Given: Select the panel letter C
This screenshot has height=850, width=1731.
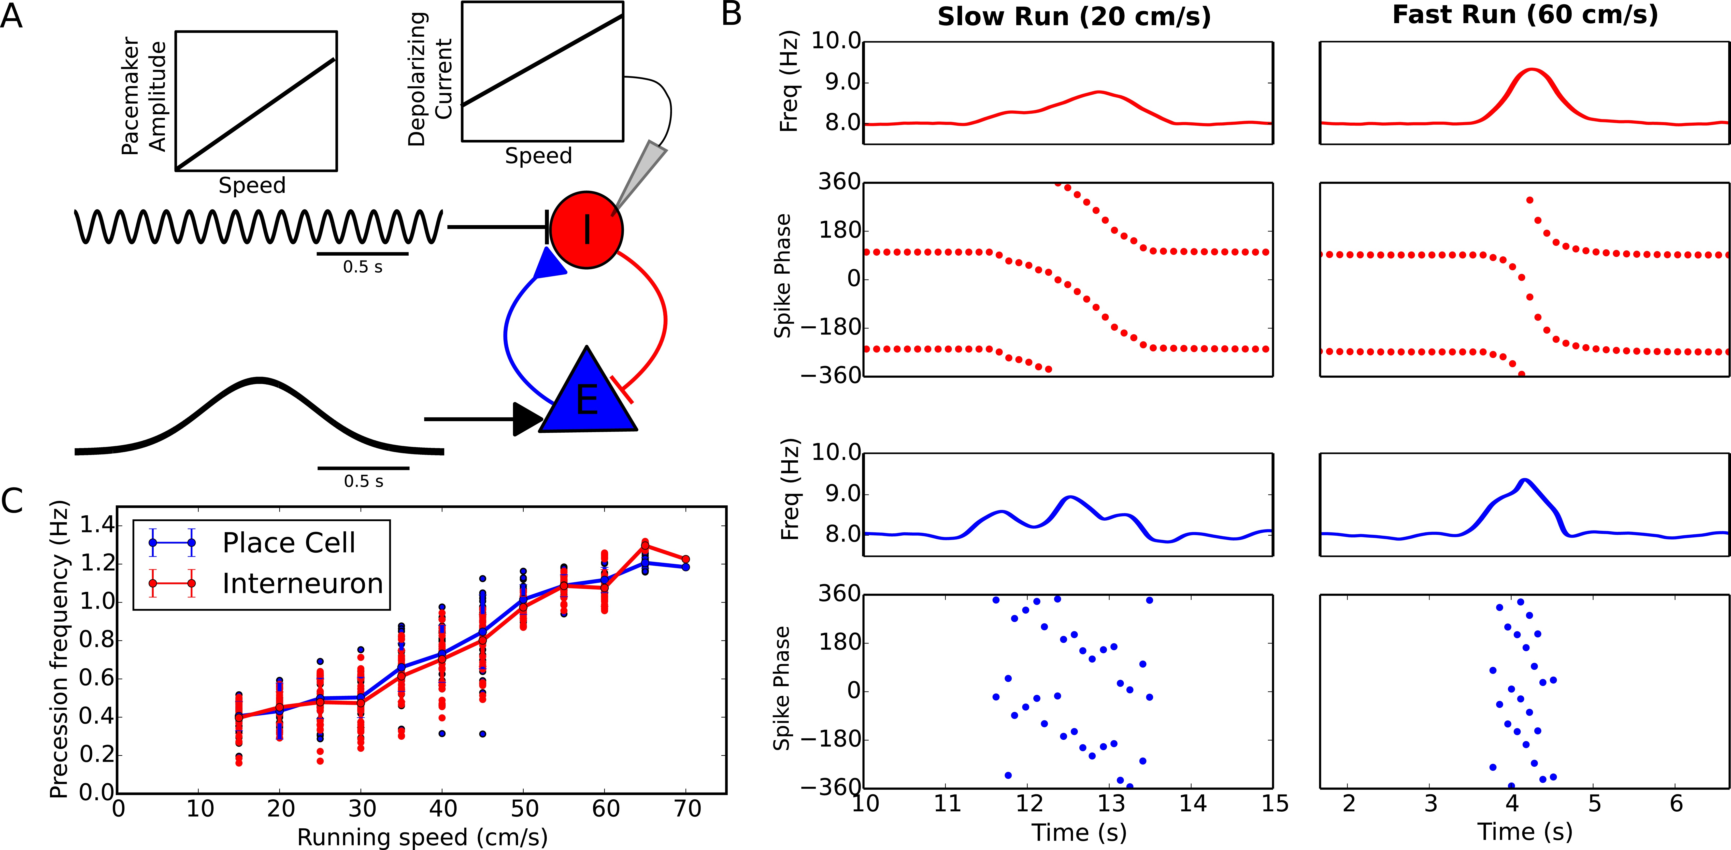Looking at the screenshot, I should click(x=12, y=501).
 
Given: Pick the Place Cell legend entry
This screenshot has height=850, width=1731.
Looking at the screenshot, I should click(x=288, y=543).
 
